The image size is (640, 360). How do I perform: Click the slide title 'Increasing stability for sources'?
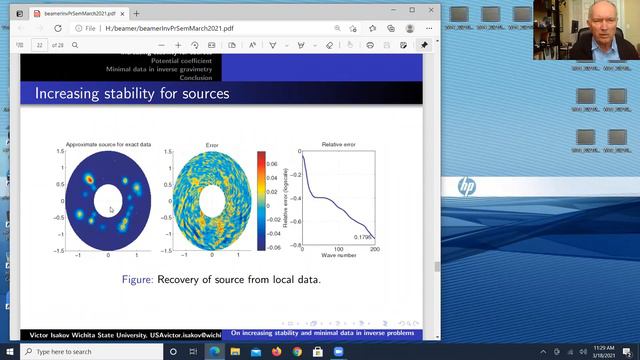click(132, 94)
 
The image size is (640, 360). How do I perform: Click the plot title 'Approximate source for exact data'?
click(108, 145)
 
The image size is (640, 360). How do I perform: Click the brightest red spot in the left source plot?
click(89, 179)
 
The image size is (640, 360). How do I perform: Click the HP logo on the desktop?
click(467, 186)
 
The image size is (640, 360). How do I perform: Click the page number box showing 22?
click(41, 45)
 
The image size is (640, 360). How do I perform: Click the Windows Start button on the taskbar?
click(10, 352)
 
